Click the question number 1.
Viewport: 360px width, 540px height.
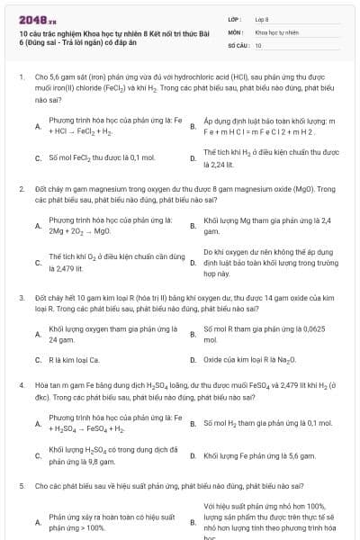(x=21, y=78)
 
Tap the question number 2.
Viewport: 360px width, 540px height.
(x=21, y=189)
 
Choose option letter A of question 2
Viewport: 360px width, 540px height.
(x=37, y=225)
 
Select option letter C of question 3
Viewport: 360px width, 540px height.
(x=37, y=360)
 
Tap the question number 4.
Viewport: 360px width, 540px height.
(x=21, y=385)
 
